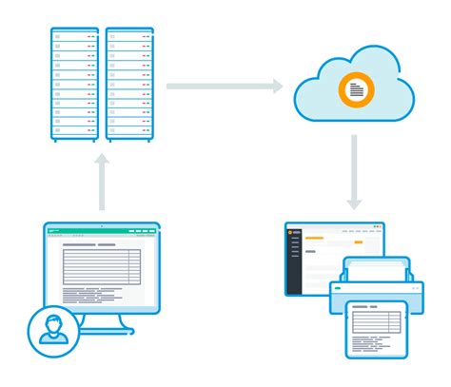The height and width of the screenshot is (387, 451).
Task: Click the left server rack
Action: [74, 86]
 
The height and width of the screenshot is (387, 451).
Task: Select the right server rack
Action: [130, 86]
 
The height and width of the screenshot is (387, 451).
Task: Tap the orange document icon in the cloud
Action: [356, 89]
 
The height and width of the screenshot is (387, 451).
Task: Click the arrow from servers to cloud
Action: [225, 87]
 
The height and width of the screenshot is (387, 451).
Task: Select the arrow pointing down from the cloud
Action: [355, 171]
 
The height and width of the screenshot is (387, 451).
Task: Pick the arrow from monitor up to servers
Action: [102, 183]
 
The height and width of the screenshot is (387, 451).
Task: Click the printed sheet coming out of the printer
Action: [376, 329]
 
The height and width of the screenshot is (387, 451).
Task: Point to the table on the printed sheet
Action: [375, 322]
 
